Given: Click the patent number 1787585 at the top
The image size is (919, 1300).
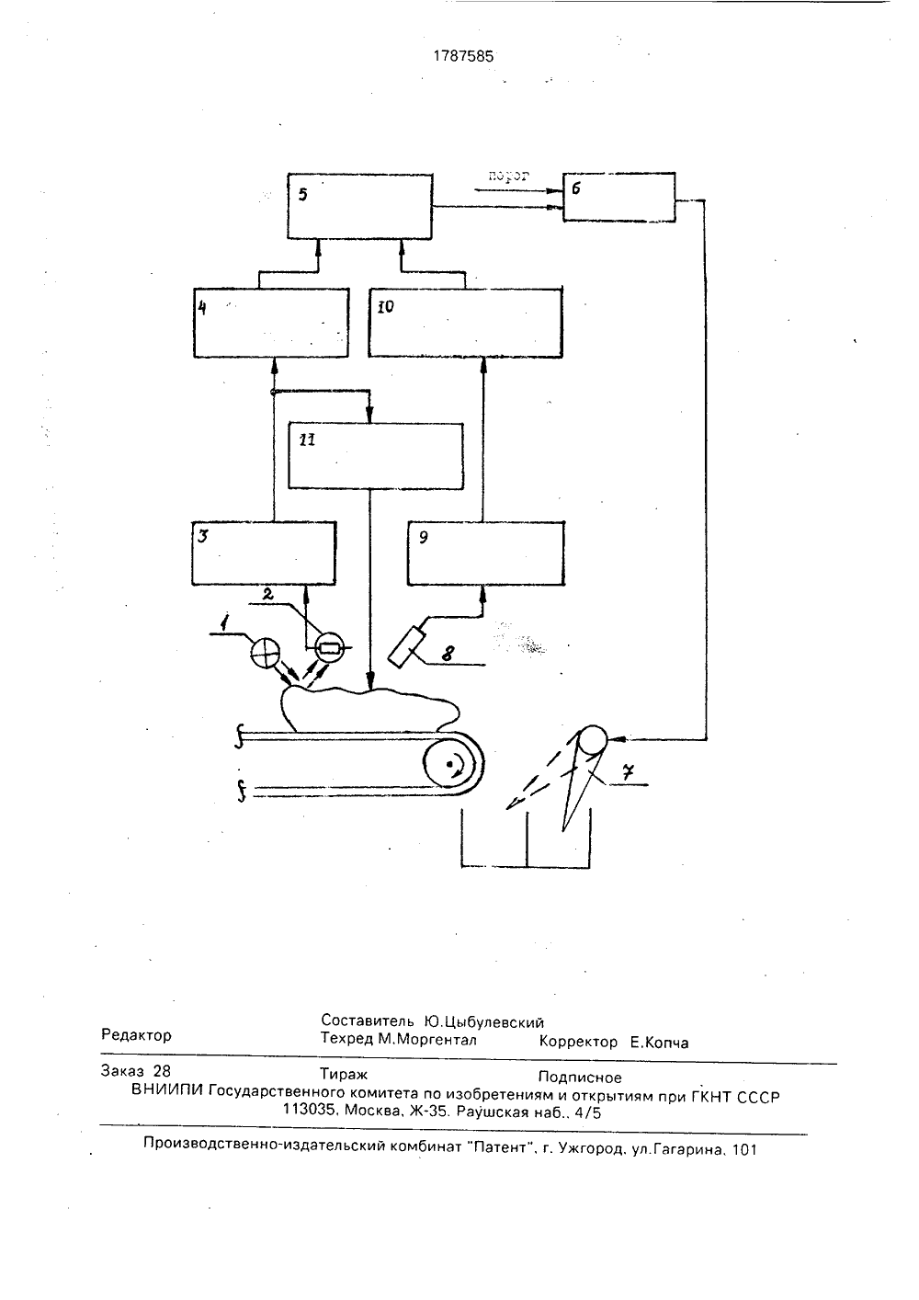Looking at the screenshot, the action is click(463, 56).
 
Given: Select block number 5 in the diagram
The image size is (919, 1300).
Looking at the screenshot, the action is click(359, 206).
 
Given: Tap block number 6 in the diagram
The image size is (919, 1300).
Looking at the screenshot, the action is click(619, 197).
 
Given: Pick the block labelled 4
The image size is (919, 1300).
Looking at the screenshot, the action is click(271, 323).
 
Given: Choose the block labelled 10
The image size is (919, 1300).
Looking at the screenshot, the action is click(465, 323).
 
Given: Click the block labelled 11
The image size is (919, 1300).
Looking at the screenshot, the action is click(376, 456).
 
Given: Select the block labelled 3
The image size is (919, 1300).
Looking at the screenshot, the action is click(264, 553).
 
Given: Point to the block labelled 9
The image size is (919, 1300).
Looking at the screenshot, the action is click(486, 553).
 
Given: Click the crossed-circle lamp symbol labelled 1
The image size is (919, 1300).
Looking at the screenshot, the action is click(266, 653).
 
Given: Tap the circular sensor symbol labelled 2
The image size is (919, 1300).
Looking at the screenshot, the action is click(328, 647).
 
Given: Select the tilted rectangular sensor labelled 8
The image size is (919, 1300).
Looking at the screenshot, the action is click(407, 646).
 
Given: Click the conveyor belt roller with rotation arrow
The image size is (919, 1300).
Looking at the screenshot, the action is click(453, 764).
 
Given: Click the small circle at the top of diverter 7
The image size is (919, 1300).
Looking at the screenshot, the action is click(593, 741).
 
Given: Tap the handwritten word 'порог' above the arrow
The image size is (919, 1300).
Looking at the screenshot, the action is click(508, 176).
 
